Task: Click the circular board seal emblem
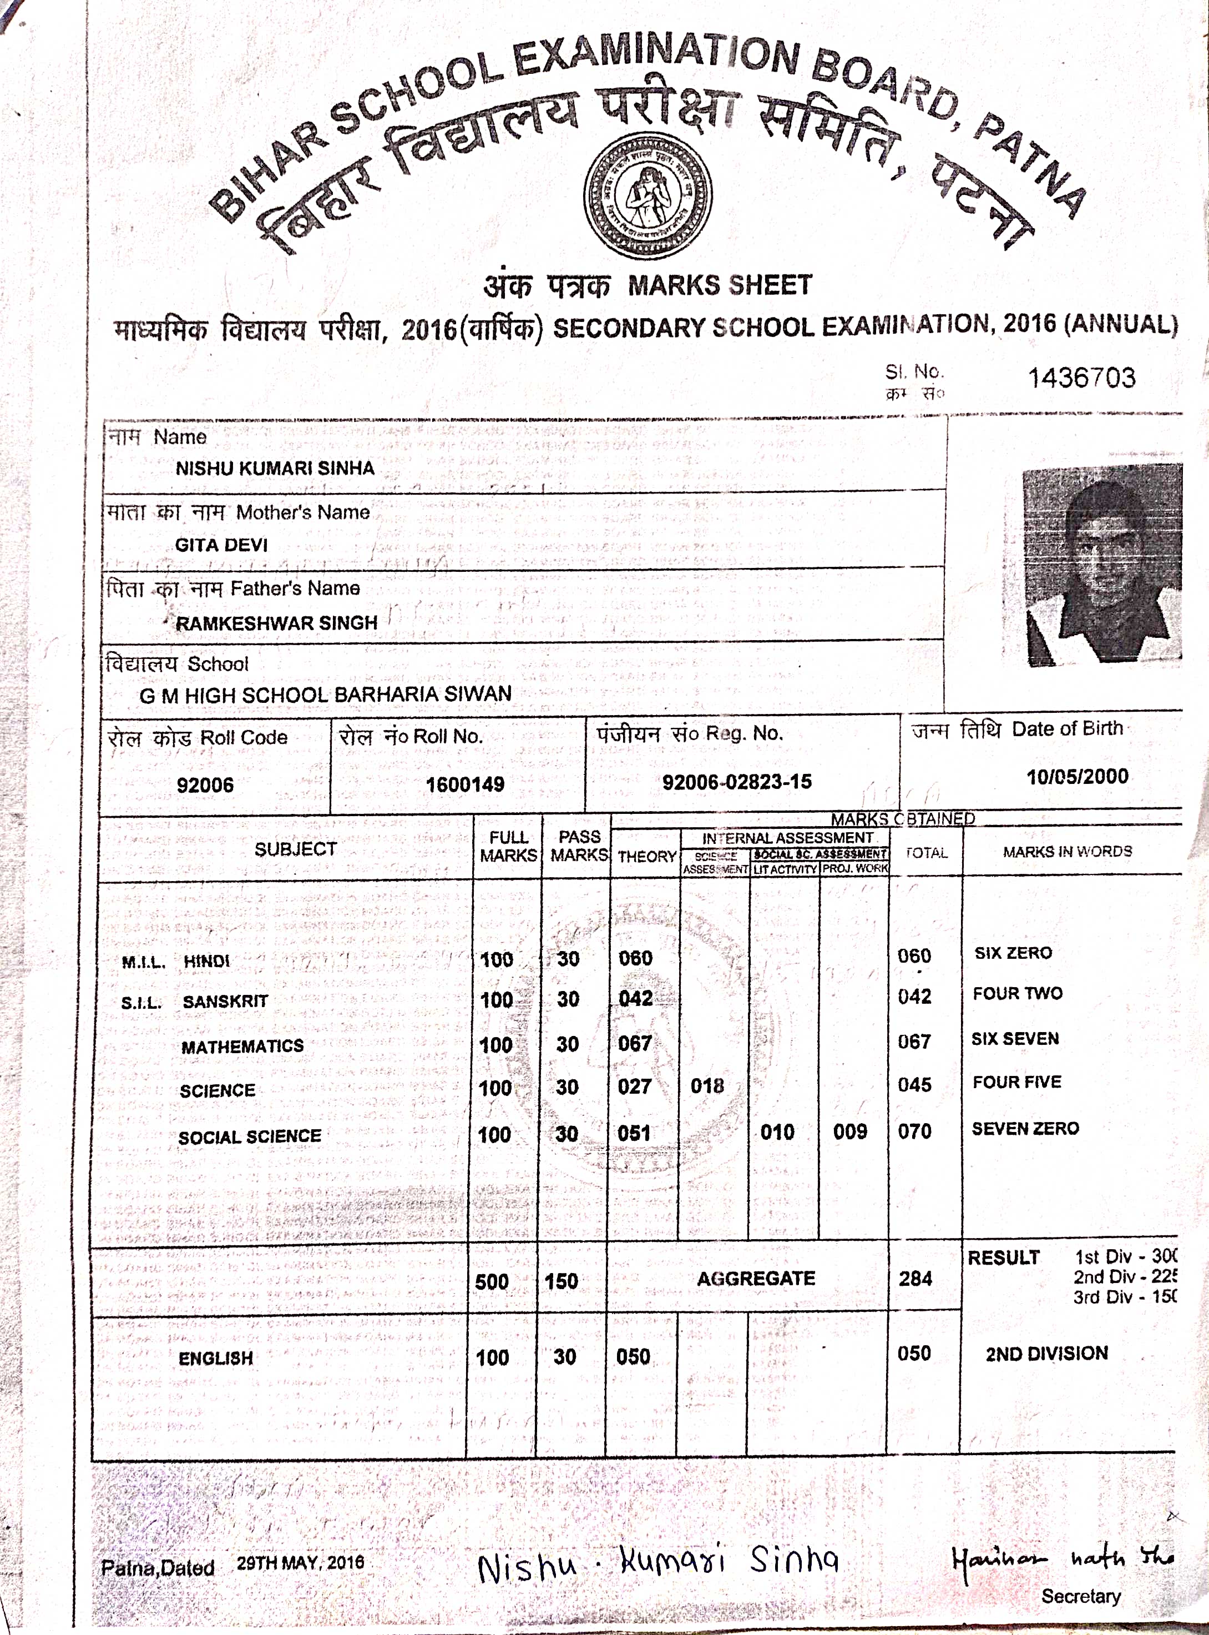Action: point(648,197)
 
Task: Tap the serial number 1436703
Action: point(1081,378)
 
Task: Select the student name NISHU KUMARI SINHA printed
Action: point(275,469)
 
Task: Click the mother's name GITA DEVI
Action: point(221,545)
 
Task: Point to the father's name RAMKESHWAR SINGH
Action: point(277,623)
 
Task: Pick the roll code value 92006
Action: point(205,785)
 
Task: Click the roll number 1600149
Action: point(465,784)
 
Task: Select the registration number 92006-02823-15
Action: point(736,782)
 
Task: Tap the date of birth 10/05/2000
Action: point(1076,776)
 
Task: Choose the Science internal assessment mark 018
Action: point(706,1085)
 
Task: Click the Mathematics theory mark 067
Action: point(635,1043)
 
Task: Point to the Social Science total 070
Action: point(914,1131)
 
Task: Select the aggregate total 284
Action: point(915,1279)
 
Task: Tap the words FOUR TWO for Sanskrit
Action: point(1017,994)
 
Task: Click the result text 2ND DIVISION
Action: point(1046,1353)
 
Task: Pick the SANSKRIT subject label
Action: point(225,1001)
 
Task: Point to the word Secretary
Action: point(1080,1596)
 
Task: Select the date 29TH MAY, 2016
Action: point(300,1562)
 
